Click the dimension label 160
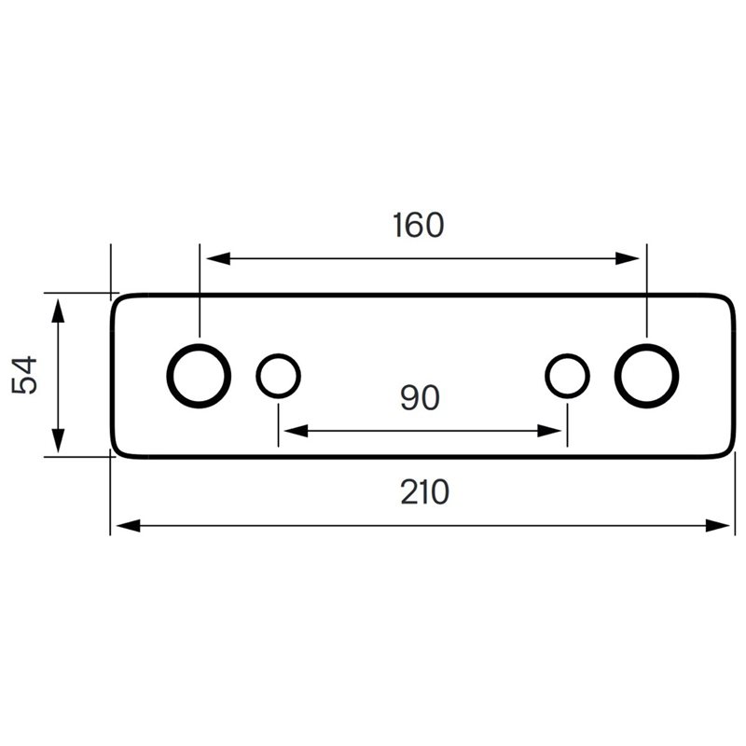pos(418,225)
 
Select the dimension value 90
pos(420,398)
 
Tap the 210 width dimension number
pos(424,492)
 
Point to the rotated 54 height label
pos(24,375)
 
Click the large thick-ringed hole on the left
pos(170,376)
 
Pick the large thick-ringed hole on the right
pos(617,376)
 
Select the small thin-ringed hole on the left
pos(257,376)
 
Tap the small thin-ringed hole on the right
pos(546,376)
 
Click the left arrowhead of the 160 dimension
pos(218,259)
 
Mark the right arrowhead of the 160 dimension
pos(628,259)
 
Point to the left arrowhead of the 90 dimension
pos(296,431)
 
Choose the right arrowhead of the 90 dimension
pos(549,431)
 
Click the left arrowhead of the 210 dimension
pos(129,526)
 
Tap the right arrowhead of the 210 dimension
pos(717,526)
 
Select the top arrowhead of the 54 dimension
pos(58,311)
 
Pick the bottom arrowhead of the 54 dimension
pos(58,440)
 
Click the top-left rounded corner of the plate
pos(117,299)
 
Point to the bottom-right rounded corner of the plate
pos(729,452)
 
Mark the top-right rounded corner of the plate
pos(729,299)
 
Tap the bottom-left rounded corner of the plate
pos(117,452)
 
